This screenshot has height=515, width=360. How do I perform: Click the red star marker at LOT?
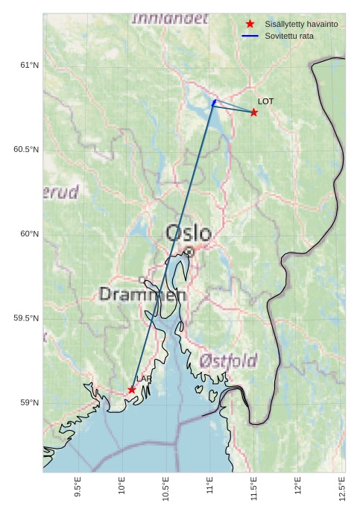(x=253, y=113)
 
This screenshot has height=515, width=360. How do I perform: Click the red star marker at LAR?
(x=132, y=390)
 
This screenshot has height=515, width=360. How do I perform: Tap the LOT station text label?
(x=266, y=101)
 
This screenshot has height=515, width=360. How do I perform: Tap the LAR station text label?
(x=144, y=379)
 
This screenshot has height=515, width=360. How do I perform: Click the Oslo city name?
(x=188, y=233)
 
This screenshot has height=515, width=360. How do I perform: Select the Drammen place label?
(x=142, y=294)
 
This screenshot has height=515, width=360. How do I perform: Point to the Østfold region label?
(x=228, y=361)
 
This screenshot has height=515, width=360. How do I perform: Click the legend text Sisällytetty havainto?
(x=301, y=25)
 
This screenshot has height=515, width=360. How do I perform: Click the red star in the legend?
(x=250, y=24)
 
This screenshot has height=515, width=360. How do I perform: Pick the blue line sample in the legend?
(x=250, y=36)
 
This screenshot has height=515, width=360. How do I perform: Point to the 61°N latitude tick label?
(x=29, y=66)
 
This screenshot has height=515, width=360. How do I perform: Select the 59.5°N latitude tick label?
(x=27, y=318)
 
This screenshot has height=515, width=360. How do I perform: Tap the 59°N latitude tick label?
(x=29, y=403)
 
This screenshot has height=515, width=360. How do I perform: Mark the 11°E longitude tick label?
(x=210, y=486)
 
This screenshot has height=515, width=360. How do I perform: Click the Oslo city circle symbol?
(x=189, y=252)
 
